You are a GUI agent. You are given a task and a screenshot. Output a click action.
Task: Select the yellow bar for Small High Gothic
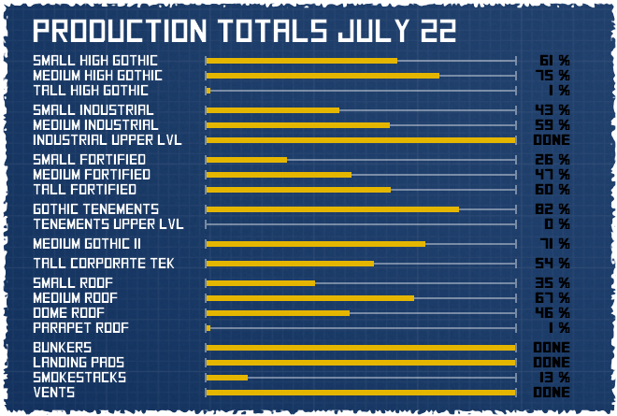pos(301,61)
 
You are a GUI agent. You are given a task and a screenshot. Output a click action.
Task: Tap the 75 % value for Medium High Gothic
pos(552,76)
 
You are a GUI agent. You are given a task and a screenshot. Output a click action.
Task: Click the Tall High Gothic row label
pos(91,91)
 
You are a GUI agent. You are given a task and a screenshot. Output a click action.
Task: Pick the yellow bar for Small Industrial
pos(272,109)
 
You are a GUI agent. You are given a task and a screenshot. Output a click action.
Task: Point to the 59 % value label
pos(552,124)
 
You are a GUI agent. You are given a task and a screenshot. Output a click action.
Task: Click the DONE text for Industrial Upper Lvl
pos(552,140)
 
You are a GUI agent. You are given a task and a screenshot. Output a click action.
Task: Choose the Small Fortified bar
pos(247,159)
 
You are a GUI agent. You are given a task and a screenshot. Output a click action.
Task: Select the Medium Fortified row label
pos(92,174)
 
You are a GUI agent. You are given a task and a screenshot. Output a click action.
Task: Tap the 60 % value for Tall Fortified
pos(552,190)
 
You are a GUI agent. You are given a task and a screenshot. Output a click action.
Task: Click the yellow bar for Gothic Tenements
pos(332,208)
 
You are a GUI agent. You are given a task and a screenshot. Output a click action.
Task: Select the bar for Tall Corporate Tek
pos(290,263)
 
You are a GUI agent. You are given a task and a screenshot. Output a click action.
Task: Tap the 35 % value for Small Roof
pos(552,282)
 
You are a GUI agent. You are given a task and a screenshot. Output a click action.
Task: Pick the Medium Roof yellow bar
pos(309,297)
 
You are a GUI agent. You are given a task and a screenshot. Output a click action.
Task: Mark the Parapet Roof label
pos(81,328)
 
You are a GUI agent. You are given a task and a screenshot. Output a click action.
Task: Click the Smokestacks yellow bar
pos(227,378)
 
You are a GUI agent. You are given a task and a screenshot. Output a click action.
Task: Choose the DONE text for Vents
pos(552,393)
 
